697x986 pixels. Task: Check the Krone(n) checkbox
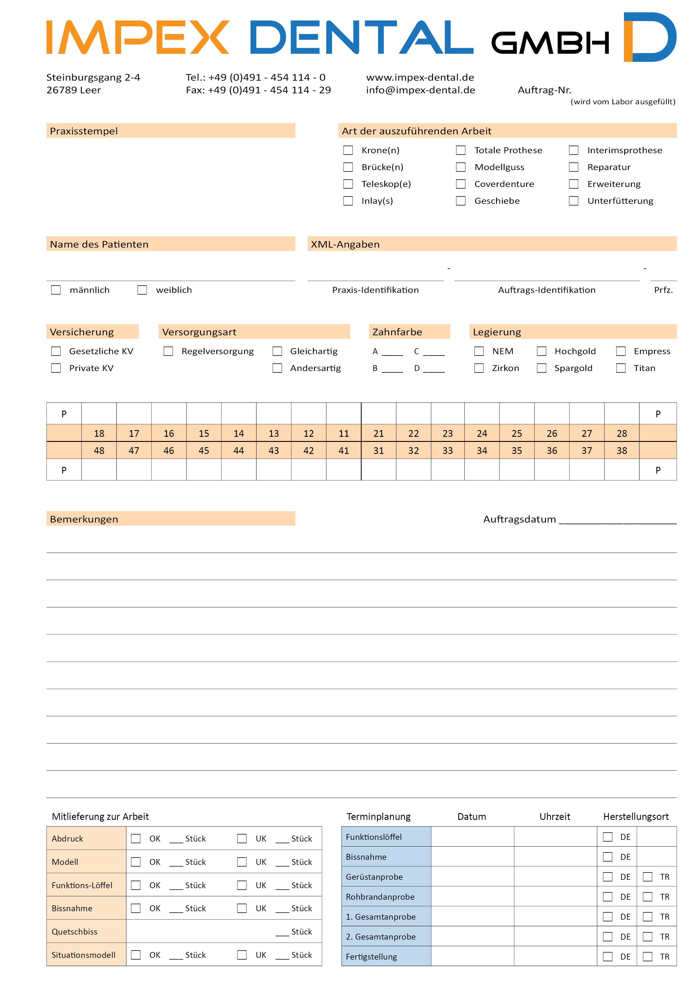point(348,150)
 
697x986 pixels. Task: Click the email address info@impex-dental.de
point(420,90)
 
